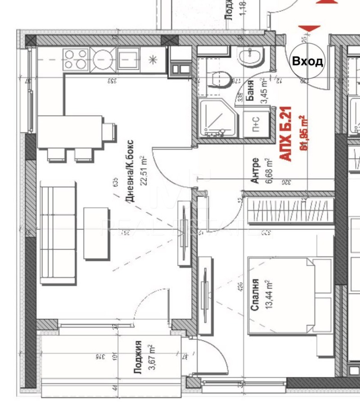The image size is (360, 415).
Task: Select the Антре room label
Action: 255,170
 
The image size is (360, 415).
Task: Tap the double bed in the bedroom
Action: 290,296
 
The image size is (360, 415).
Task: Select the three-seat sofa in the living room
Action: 58,233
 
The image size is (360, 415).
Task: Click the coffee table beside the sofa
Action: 96,233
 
